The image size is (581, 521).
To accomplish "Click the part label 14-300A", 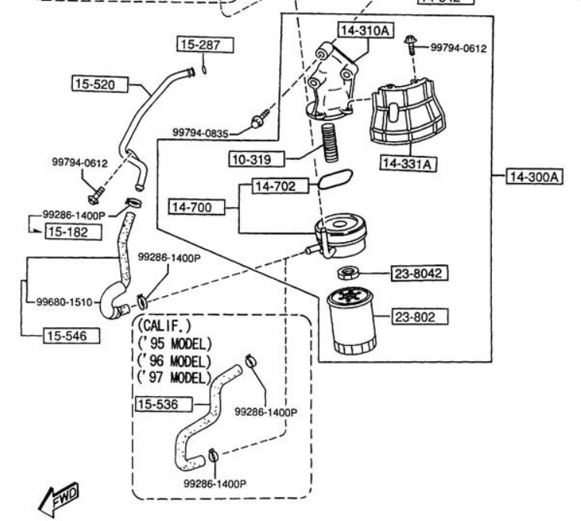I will pyautogui.click(x=534, y=177).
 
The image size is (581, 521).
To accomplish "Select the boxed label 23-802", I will pyautogui.click(x=423, y=316).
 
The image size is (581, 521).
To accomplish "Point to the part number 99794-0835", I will pyautogui.click(x=200, y=133).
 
